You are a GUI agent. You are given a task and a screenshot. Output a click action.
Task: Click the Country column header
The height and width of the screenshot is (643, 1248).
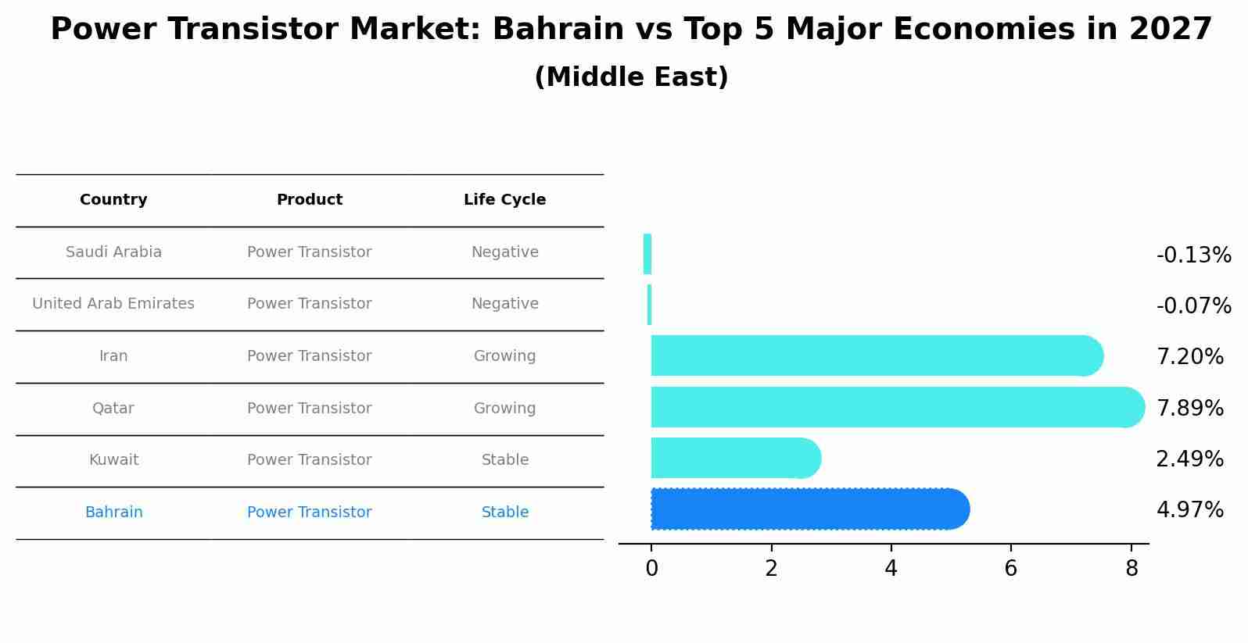tap(113, 200)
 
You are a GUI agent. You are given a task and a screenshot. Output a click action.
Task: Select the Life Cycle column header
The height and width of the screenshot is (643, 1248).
tap(504, 200)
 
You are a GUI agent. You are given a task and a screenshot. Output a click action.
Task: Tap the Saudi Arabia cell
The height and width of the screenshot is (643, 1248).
tap(113, 252)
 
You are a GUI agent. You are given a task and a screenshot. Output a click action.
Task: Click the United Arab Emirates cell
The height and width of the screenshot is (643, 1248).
tap(113, 304)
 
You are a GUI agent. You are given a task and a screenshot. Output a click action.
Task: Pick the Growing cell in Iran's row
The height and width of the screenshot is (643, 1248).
tap(504, 356)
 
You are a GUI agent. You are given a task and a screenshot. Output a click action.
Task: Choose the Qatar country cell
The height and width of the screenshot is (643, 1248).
tap(113, 409)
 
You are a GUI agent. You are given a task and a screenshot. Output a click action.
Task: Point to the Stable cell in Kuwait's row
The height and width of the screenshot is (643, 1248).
tap(504, 460)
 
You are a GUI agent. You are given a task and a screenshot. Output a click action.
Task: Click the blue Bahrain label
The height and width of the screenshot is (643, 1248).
tap(113, 513)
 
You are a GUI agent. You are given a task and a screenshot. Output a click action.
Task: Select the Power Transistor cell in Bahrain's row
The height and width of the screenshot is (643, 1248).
tap(309, 513)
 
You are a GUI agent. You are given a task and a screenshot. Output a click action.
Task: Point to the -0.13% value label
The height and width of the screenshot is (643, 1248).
tap(1193, 255)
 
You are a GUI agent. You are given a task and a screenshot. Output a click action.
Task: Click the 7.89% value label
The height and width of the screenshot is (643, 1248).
tap(1189, 408)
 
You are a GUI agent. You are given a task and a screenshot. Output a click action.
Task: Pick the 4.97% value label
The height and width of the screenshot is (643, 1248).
tap(1189, 510)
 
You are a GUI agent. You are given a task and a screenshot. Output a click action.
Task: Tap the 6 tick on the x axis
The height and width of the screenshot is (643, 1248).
tap(1011, 569)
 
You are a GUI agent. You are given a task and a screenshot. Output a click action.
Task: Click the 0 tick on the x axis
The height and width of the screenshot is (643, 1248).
tap(651, 569)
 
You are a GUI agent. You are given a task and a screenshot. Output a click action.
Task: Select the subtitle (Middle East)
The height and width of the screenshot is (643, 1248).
tap(631, 77)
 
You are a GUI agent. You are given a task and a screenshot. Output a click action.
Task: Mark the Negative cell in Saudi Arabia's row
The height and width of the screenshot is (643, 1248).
tap(504, 252)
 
